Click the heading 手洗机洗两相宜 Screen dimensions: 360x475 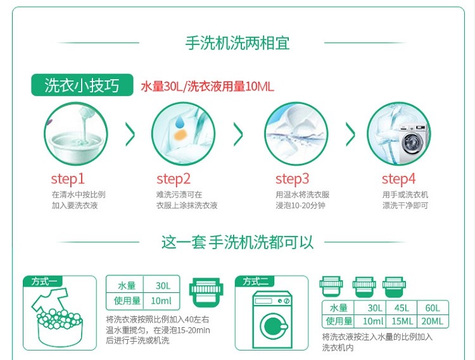pyautogui.click(x=237, y=43)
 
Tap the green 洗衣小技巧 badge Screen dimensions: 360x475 pyautogui.click(x=82, y=86)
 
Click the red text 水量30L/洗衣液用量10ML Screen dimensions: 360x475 pyautogui.click(x=206, y=87)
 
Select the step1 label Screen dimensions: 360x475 pyautogui.click(x=68, y=178)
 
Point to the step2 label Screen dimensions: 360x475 pyautogui.click(x=174, y=178)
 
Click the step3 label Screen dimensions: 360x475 pyautogui.click(x=293, y=178)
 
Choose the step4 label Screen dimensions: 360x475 pyautogui.click(x=398, y=178)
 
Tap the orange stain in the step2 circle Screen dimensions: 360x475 pyautogui.click(x=179, y=135)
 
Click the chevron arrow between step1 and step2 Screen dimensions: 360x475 pyautogui.click(x=130, y=133)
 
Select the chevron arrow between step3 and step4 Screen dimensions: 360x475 pyautogui.click(x=350, y=133)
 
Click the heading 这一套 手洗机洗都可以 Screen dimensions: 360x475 pyautogui.click(x=237, y=242)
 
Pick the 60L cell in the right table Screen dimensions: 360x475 pyautogui.click(x=432, y=308)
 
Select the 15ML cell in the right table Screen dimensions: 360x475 pyautogui.click(x=403, y=321)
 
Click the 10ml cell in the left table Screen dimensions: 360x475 pyautogui.click(x=161, y=300)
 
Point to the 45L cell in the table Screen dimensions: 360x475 pyautogui.click(x=403, y=308)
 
